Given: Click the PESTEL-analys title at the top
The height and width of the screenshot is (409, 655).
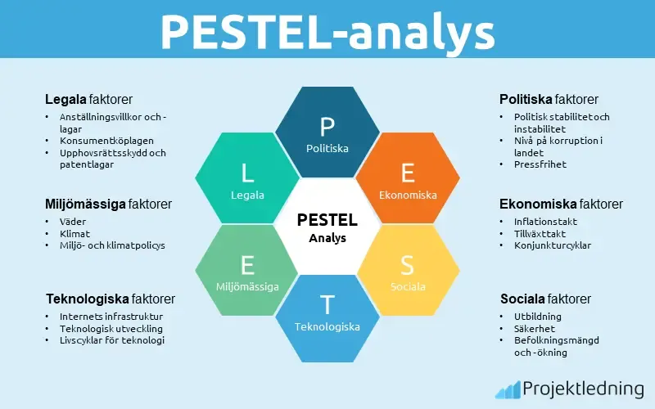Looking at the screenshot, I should (327, 31).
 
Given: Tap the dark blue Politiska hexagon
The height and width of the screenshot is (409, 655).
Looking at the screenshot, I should (327, 134).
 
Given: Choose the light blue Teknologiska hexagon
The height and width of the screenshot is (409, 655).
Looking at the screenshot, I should (327, 315).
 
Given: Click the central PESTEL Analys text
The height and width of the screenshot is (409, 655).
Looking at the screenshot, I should (327, 227).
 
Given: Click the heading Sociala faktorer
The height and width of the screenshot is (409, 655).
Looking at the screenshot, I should (545, 299).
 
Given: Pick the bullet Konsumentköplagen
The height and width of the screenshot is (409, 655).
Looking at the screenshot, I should (106, 141).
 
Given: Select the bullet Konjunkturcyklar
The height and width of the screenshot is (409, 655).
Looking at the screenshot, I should (553, 245).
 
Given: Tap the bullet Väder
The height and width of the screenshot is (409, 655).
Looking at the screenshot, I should (73, 222).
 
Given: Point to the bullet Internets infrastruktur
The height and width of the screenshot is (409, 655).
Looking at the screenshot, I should (111, 317).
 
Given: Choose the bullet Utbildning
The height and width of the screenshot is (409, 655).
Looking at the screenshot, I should (538, 317).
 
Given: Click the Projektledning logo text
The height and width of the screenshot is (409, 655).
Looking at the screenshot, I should (582, 389).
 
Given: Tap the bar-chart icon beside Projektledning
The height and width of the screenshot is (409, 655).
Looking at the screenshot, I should (508, 389).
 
